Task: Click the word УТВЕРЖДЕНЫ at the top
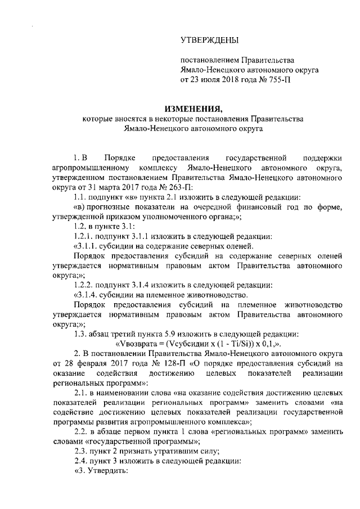click(209, 39)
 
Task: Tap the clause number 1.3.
click(81, 332)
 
